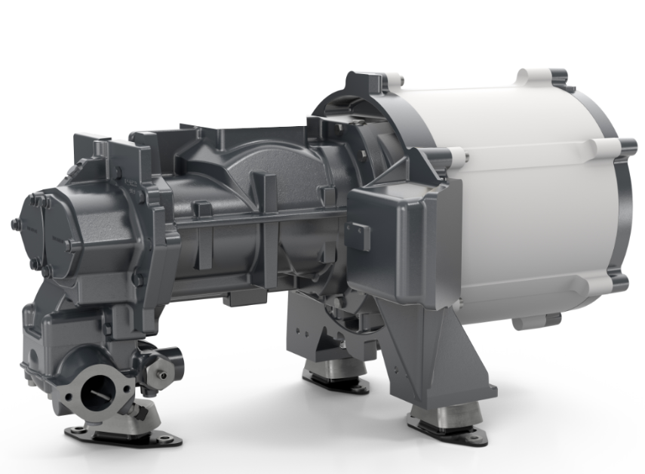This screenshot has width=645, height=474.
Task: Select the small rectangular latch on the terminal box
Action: point(360,235)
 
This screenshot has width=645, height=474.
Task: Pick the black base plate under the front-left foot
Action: point(121,436)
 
